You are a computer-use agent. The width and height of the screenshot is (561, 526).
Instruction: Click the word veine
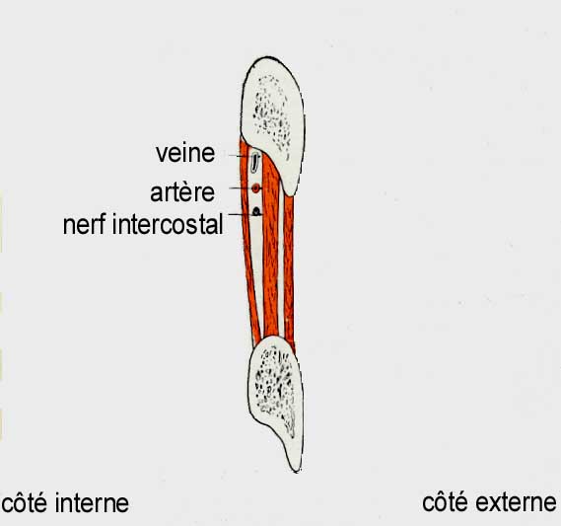(185, 153)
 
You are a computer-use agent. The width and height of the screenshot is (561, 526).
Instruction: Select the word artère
(182, 191)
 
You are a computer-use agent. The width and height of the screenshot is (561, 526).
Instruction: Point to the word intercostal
(168, 224)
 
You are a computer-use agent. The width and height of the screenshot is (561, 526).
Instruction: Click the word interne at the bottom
(93, 503)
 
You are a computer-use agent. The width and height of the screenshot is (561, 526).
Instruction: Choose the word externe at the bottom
(517, 502)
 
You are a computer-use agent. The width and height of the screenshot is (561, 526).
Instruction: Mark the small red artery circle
(255, 188)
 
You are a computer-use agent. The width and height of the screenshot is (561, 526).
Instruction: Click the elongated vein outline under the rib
(254, 162)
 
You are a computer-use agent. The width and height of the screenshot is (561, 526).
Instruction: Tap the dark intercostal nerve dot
(256, 211)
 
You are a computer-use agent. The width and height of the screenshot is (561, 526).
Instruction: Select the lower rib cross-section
(275, 398)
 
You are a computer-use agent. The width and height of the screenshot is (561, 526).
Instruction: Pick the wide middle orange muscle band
(270, 251)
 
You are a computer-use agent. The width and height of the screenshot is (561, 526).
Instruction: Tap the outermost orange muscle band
(289, 272)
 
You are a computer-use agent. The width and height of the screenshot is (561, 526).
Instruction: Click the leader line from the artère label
(242, 188)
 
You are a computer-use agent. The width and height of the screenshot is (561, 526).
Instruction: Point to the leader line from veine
(241, 156)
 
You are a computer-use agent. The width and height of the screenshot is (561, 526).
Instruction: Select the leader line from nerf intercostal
(242, 214)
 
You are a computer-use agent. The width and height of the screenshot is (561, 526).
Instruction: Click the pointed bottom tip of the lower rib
(298, 472)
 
